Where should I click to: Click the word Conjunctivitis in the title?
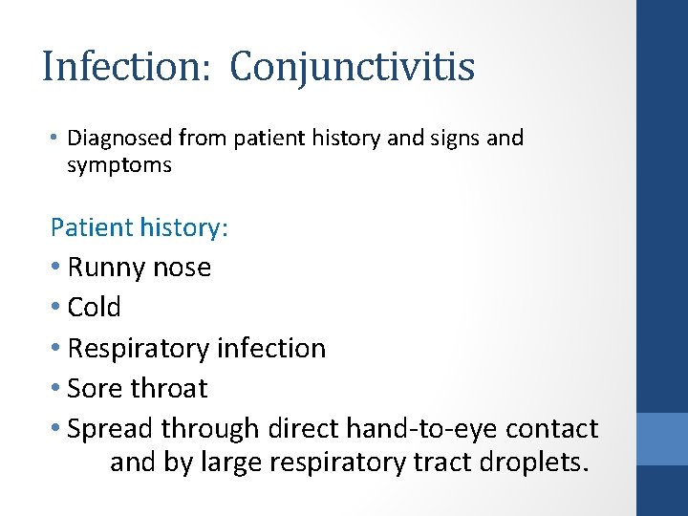coord(353,68)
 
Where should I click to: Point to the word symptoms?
coord(119,165)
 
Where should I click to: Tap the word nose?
coord(183,268)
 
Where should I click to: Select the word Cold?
coord(95,308)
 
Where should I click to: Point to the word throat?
coord(168,389)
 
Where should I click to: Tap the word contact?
coord(552,429)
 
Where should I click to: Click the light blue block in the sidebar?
coord(662,439)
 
